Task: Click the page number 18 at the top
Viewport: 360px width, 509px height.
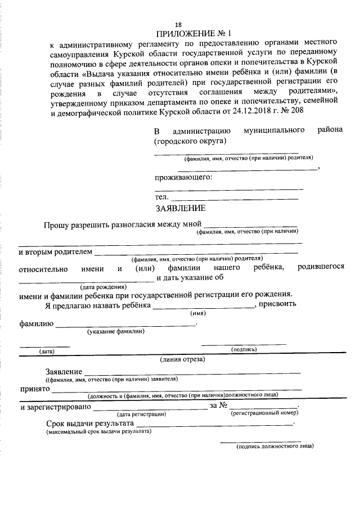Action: click(178, 25)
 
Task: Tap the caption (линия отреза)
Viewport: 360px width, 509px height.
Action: click(182, 358)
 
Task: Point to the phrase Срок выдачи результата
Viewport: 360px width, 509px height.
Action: click(89, 423)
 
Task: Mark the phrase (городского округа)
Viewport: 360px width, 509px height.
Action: click(190, 141)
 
